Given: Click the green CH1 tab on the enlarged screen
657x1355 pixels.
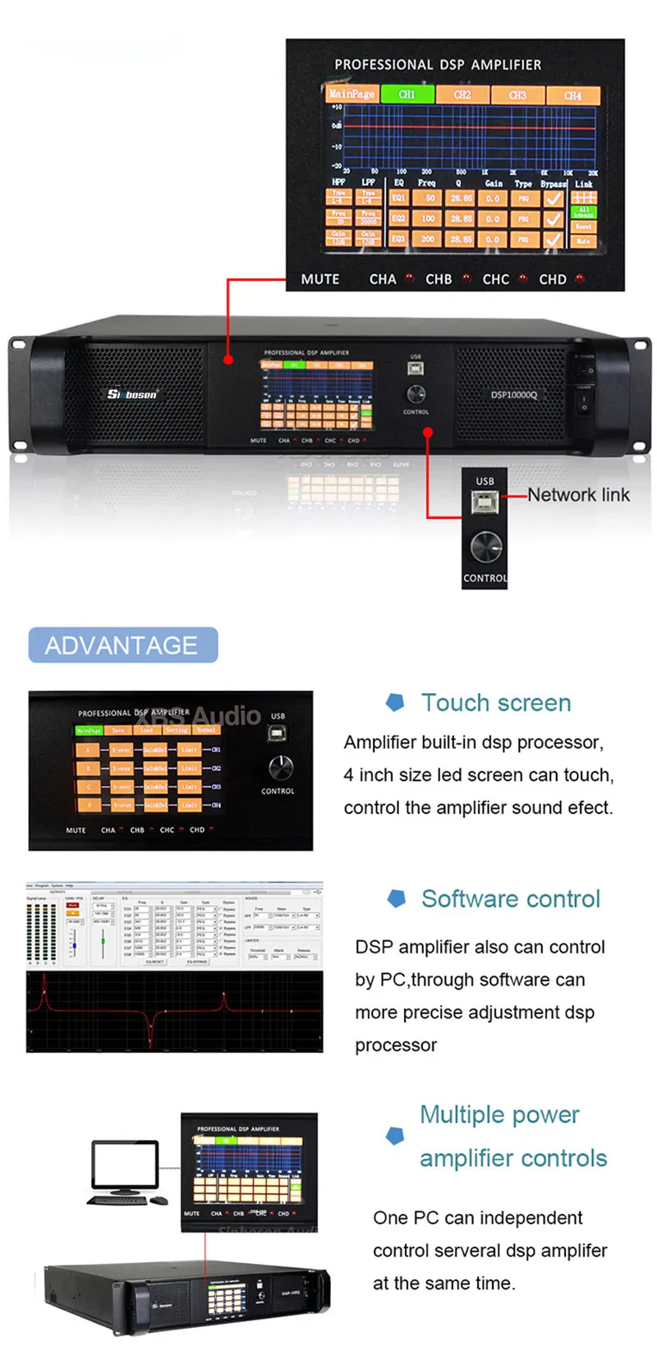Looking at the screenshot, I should point(407,94).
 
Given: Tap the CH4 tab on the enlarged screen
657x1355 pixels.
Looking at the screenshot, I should point(572,95).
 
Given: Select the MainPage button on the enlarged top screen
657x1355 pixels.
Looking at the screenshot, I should point(352,94).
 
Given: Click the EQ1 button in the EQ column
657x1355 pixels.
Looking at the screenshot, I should point(398,198).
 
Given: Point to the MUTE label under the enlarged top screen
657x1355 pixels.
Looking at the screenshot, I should point(320,279).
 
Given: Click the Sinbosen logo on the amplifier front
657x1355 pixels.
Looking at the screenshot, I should point(132,394).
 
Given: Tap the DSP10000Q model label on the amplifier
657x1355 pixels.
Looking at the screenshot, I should point(514,395).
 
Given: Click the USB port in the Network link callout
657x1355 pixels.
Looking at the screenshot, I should point(485,503).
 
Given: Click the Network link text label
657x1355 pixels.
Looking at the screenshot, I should point(578,495).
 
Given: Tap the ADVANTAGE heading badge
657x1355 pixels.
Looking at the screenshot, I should point(122,645).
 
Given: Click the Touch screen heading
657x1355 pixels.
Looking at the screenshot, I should point(496,703).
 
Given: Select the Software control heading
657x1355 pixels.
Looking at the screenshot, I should point(511,899).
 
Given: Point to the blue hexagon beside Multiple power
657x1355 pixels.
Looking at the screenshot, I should point(395,1136).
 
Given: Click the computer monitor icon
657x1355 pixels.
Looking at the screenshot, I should point(125,1166).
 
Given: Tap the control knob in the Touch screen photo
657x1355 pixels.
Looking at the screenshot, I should point(280,768).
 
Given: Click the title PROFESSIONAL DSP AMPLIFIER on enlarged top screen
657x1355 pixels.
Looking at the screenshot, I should point(438,65).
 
